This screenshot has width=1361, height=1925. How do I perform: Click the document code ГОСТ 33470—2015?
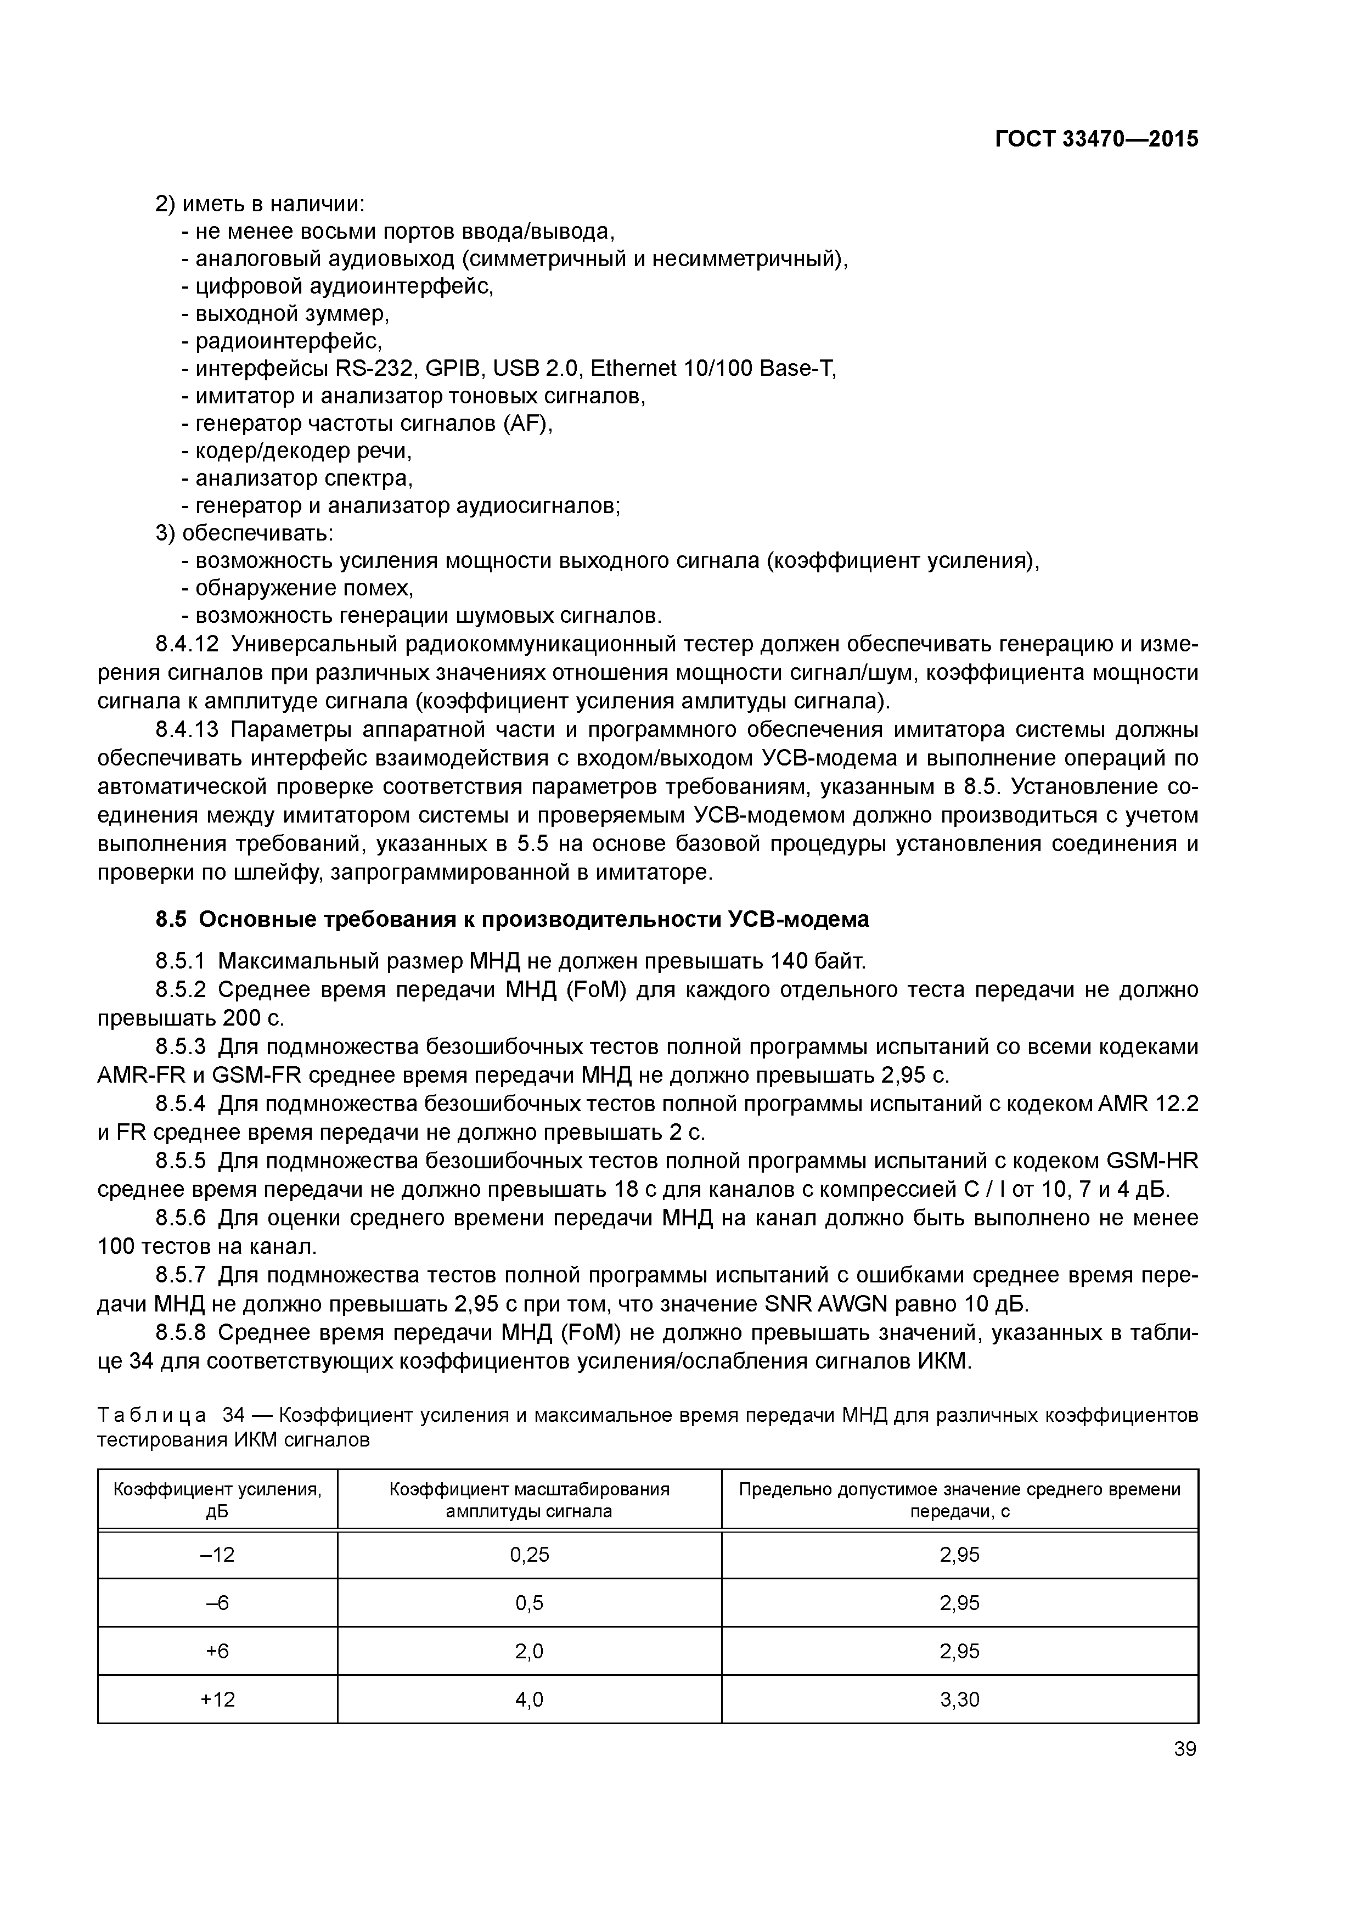[1096, 139]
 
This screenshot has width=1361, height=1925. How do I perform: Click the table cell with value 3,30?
[959, 1699]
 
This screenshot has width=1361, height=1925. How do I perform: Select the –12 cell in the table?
[217, 1555]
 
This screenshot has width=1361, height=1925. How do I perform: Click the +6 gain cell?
[217, 1651]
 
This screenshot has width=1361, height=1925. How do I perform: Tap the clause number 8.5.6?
[181, 1217]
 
